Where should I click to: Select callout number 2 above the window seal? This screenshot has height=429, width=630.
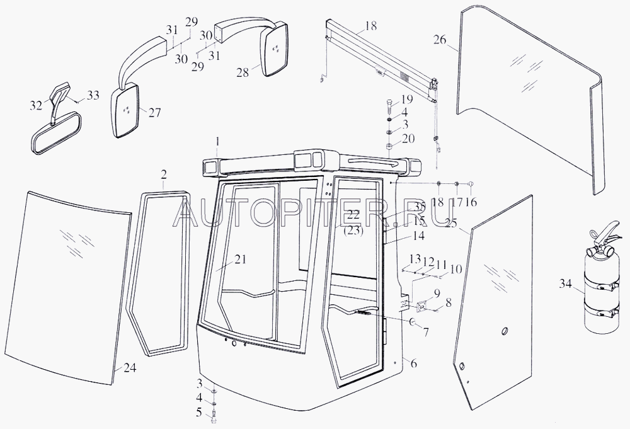pos(164,174)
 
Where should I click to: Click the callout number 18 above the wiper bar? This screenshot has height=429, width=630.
pos(370,27)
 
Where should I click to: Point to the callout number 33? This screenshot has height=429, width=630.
pos(93,96)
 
